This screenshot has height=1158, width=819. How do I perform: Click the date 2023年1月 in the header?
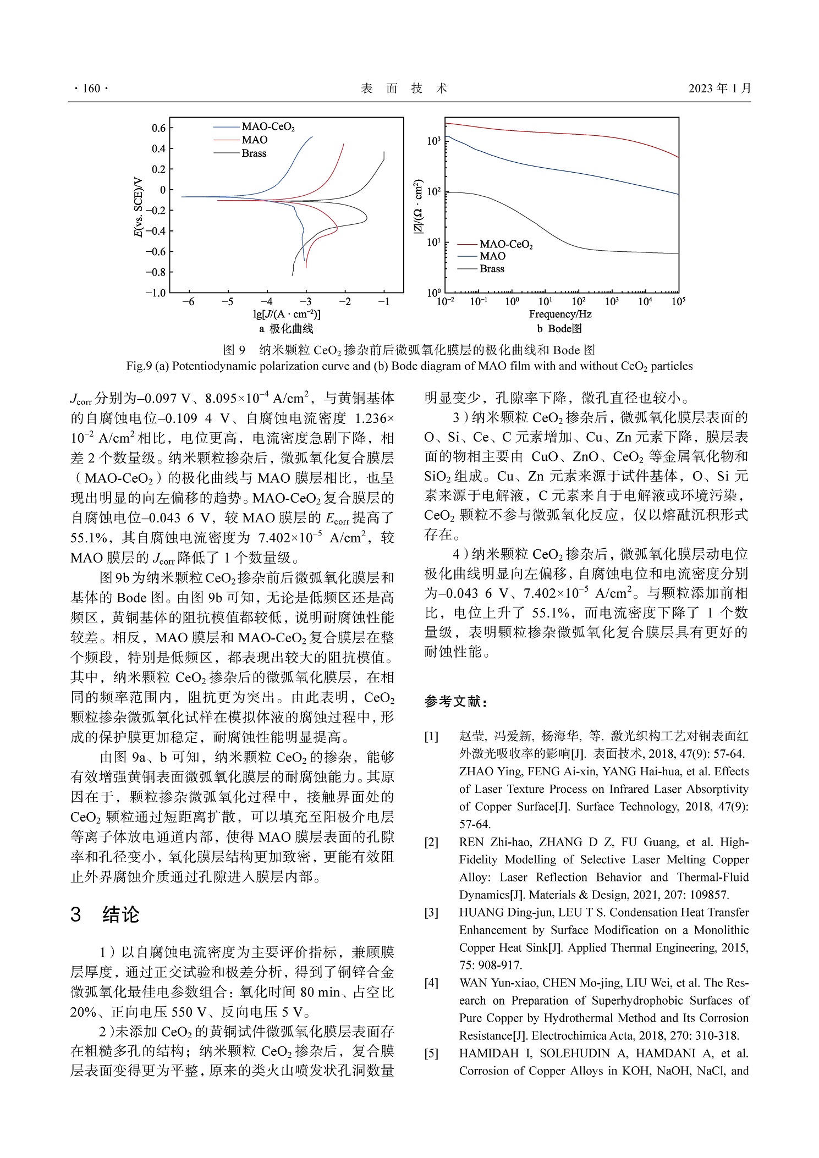tap(719, 89)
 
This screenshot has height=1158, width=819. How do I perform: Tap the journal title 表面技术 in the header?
tap(404, 89)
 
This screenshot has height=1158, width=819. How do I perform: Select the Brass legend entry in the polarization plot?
tap(254, 153)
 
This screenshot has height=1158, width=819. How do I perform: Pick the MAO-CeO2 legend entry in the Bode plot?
tap(506, 244)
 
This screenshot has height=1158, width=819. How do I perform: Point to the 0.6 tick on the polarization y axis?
tap(158, 129)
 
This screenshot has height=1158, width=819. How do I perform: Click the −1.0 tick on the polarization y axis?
tap(156, 293)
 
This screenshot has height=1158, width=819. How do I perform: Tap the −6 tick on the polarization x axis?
tap(188, 302)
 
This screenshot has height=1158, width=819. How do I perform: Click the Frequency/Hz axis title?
tap(560, 314)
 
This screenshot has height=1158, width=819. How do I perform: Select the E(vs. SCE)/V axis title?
tap(139, 207)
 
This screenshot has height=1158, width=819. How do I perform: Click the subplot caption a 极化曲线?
tap(286, 329)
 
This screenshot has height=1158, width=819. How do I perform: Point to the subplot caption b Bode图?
tap(559, 329)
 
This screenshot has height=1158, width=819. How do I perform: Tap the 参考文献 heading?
tap(456, 702)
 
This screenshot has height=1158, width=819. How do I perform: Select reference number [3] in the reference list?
tap(431, 913)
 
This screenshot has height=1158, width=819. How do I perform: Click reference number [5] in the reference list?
tap(431, 1054)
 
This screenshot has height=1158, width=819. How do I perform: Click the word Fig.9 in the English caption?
tap(139, 366)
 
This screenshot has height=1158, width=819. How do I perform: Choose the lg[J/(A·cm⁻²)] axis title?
tap(287, 315)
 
